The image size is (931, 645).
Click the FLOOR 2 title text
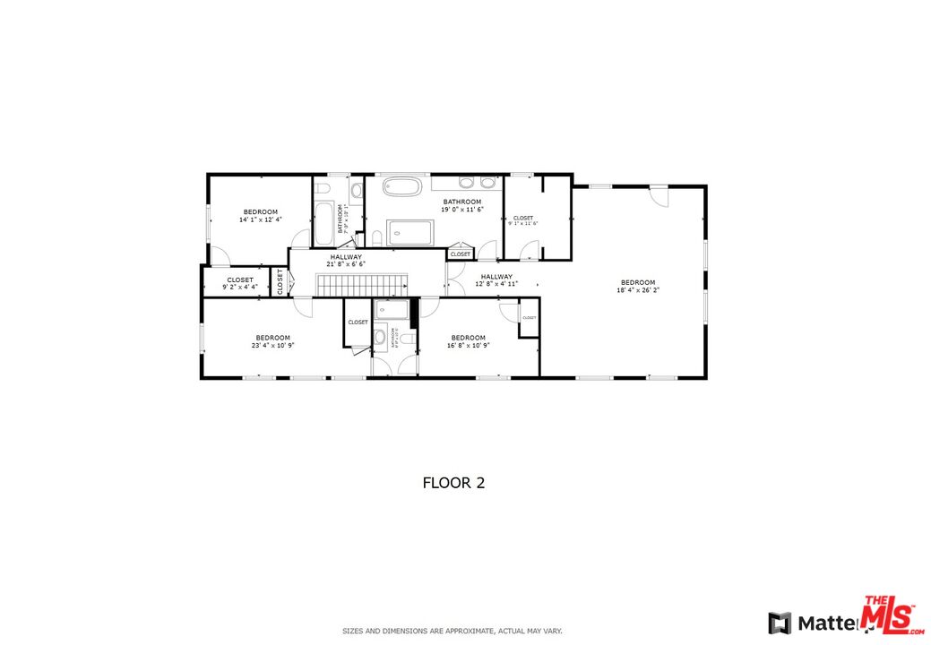coord(453,483)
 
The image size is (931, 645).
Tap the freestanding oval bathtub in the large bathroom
coord(402,187)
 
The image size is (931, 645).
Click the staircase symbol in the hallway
coord(362,286)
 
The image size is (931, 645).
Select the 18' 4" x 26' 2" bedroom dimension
coord(638,290)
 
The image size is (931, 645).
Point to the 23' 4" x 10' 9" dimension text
coord(272,345)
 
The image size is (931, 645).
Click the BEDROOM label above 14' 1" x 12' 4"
coord(260,211)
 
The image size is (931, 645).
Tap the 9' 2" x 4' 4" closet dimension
coord(239,287)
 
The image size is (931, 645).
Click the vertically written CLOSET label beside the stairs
coord(280,282)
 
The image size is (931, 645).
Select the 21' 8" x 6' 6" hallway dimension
coord(346,264)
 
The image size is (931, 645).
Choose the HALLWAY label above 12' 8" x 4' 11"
coord(496,277)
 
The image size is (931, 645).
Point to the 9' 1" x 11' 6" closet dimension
coord(522,224)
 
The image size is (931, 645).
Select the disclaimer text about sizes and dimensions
coord(453,631)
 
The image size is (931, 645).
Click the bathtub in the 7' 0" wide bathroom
coord(323,224)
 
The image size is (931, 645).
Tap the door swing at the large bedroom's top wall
coord(659,196)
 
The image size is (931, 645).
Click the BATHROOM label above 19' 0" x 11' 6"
coord(462,202)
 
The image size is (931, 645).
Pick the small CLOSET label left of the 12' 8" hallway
coord(461,254)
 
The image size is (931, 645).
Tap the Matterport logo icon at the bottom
coord(779,621)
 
